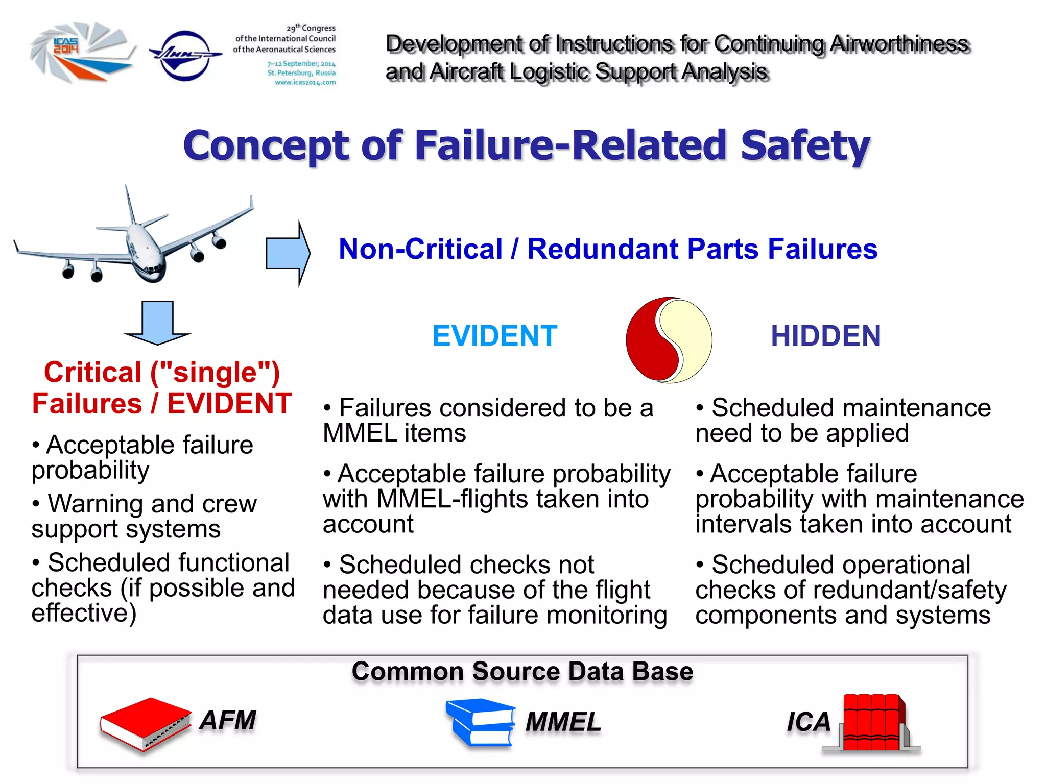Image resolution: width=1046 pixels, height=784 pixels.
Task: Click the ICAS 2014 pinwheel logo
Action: pos(82,52)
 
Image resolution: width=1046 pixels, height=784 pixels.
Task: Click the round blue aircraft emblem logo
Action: pos(185,55)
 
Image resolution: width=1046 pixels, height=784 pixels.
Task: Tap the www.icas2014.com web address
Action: pos(305,82)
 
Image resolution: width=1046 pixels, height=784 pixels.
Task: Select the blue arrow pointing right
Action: pos(288,253)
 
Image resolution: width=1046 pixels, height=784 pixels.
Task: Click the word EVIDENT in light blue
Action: pos(494,336)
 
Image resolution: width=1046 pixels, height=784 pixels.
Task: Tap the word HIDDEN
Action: pos(825,336)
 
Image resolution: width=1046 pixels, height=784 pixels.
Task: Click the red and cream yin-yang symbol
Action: pos(669,340)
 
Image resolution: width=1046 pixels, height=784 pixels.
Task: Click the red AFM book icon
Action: pos(146,723)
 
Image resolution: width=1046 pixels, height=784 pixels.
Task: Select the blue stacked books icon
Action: pos(480,722)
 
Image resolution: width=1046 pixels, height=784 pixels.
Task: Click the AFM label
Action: pos(228,720)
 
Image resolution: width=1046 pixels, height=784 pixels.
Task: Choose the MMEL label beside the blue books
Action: pos(563,722)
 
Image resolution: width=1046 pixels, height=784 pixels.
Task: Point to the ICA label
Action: pos(809,722)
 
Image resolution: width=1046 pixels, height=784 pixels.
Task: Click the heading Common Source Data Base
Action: pos(522,671)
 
